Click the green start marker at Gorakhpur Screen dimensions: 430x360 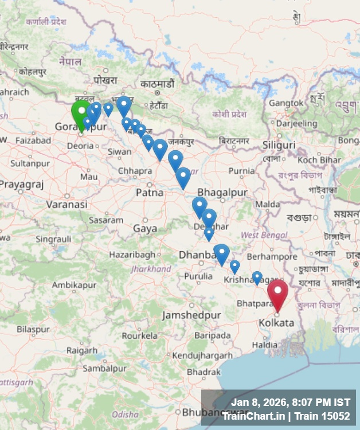click(x=81, y=113)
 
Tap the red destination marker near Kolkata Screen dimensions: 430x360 click(x=278, y=292)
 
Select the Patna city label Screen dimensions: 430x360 click(x=150, y=193)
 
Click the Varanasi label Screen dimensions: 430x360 click(x=66, y=204)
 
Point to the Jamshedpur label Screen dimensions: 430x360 click(x=191, y=315)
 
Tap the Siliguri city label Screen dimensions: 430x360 click(x=279, y=144)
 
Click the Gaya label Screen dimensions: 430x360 click(x=145, y=228)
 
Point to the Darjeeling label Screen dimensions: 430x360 click(x=296, y=123)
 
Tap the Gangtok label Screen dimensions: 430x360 click(x=287, y=103)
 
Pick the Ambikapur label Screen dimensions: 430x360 click(x=73, y=285)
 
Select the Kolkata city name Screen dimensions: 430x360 click(x=276, y=323)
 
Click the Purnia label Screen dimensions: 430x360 click(x=241, y=171)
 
